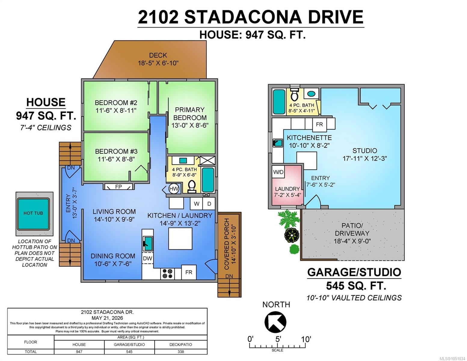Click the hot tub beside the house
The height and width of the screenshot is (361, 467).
point(33,214)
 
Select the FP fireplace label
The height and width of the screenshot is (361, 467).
point(118,187)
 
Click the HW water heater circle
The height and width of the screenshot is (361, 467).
point(174,189)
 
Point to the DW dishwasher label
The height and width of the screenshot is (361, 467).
point(147,258)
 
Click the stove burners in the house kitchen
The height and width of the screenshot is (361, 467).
point(167,274)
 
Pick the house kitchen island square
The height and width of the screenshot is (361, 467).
point(180,239)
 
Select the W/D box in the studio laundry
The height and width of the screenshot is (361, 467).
point(278,172)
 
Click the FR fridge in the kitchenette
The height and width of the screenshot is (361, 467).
point(319,125)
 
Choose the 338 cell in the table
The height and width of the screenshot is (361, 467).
point(181,352)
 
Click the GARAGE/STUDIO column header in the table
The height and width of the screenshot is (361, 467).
point(129,344)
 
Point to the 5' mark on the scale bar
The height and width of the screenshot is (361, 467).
point(278,339)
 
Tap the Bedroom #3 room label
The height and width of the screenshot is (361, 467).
point(116,155)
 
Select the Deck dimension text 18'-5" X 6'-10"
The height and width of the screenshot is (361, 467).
point(158,63)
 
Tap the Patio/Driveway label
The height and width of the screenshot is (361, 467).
point(352,229)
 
